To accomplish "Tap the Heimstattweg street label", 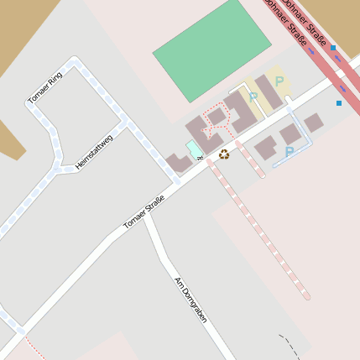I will tap(93, 151).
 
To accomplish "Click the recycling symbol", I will tap(224, 154).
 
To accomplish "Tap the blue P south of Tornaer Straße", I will tap(290, 152).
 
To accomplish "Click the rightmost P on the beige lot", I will tap(279, 81).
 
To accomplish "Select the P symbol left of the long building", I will tap(253, 97).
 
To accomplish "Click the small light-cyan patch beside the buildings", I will tap(194, 149).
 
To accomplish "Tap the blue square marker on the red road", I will tap(333, 48).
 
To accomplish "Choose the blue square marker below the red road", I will tap(339, 103).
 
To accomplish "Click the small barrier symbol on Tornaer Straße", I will tap(200, 160).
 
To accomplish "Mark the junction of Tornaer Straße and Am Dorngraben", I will tap(149, 216).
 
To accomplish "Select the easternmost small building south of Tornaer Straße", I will tap(313, 123).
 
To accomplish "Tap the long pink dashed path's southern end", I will tap(306, 295).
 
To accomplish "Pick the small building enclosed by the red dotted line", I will tap(217, 116).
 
